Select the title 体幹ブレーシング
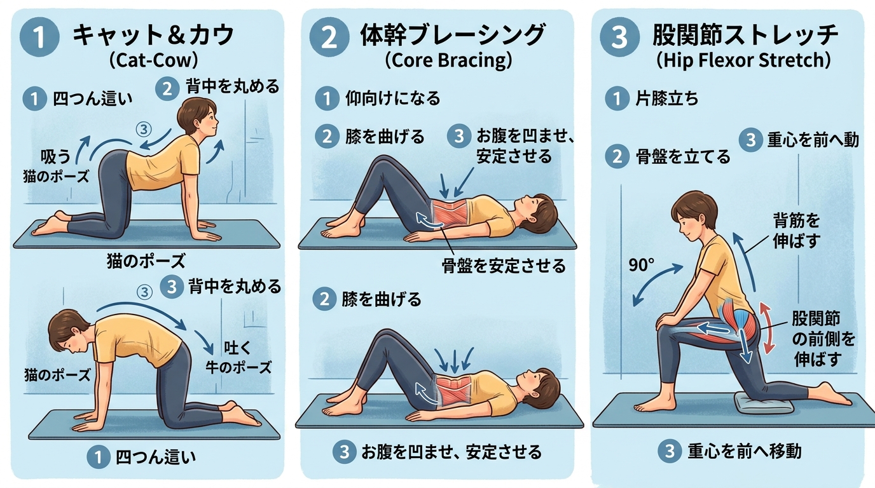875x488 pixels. coord(452,35)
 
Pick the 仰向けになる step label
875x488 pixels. coord(392,98)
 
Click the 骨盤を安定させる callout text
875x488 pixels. coord(503,266)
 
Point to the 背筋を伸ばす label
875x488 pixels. coord(796,231)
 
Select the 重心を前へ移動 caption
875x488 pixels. coord(744,451)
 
